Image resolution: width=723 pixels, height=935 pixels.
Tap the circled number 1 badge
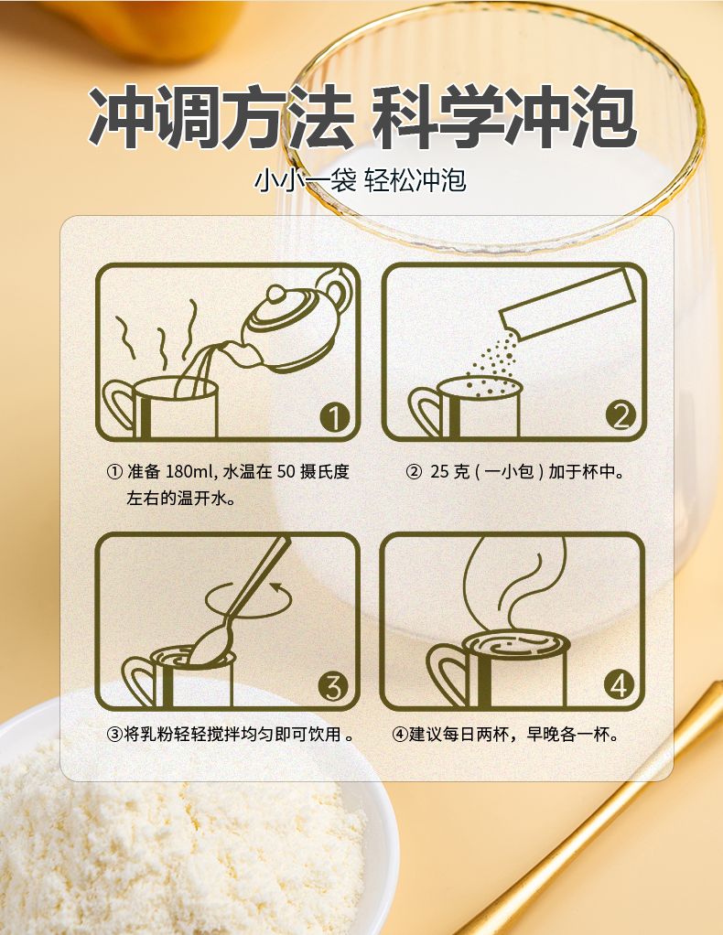coord(334,417)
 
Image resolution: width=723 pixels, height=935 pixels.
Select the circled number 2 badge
coord(620,415)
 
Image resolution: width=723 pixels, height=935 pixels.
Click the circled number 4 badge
coord(619,685)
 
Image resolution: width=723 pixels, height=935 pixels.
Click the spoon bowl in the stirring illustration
coord(206,648)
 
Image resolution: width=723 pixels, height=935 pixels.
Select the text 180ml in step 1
coord(187,472)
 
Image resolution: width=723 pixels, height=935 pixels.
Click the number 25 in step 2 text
coord(439,472)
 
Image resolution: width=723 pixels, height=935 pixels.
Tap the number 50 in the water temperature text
coord(286,472)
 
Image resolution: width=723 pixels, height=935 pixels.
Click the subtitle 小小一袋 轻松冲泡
coord(361,180)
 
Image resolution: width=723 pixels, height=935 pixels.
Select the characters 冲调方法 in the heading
coord(221,116)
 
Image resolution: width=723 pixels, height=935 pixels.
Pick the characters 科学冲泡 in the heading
coord(504,116)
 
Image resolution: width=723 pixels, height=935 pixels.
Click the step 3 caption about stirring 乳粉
coord(231,734)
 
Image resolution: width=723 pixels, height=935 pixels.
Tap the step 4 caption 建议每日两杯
coord(505,734)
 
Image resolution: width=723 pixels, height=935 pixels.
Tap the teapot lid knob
coord(276,293)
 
